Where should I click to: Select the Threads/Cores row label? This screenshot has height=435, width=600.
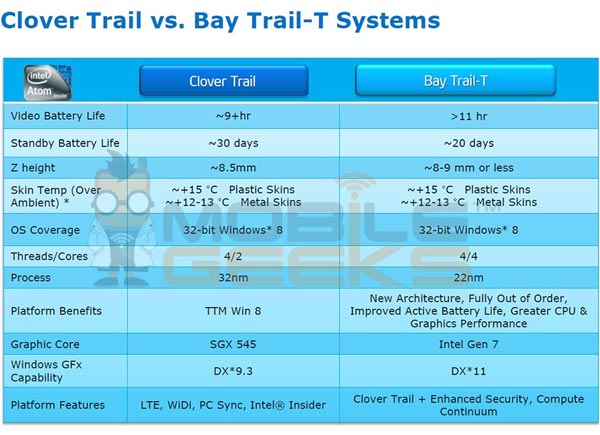click(52, 256)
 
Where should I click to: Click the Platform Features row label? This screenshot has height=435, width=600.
click(58, 405)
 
